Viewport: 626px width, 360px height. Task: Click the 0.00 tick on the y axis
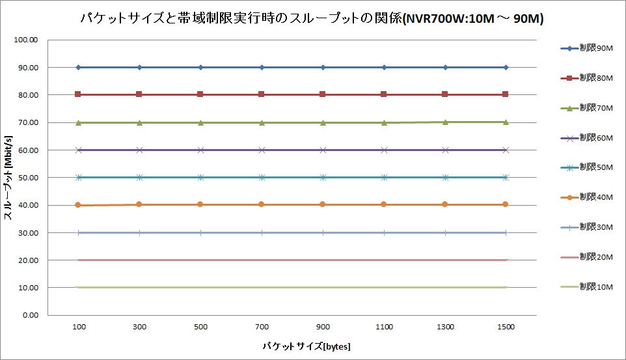point(29,315)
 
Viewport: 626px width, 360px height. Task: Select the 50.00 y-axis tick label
point(28,178)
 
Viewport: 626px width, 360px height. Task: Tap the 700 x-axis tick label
point(262,326)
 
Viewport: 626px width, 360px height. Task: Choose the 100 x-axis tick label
point(79,326)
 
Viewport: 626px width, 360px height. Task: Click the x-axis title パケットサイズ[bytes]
point(292,345)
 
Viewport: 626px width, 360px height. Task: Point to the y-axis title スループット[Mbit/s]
point(10,177)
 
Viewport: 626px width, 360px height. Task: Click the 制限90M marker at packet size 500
point(200,67)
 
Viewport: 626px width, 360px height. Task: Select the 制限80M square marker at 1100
point(384,94)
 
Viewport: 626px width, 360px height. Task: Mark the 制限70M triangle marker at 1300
point(445,122)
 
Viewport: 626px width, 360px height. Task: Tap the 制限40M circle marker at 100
point(78,205)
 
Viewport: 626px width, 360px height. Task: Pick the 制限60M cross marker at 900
point(323,150)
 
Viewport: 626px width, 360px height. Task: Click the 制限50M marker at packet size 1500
point(506,177)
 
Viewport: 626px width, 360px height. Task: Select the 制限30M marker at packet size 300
point(139,232)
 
